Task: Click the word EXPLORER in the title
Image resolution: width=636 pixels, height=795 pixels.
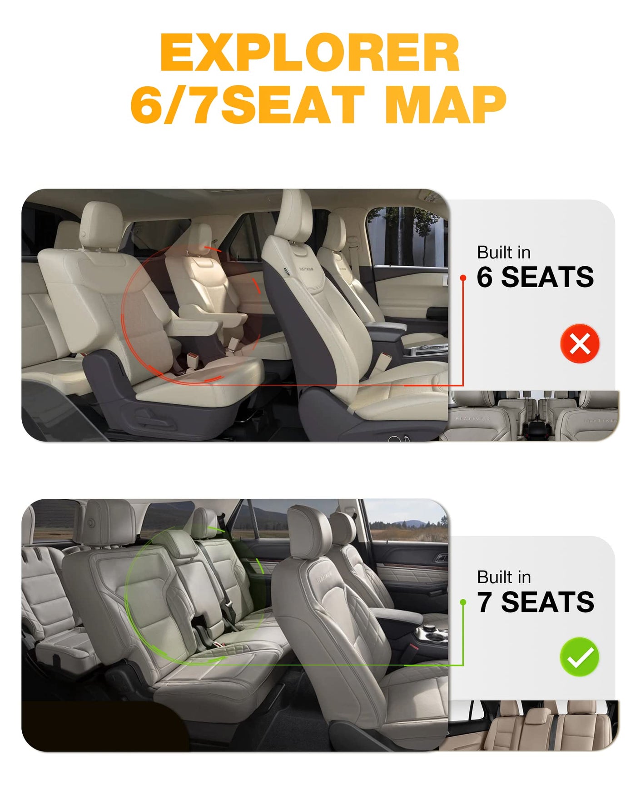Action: point(310,53)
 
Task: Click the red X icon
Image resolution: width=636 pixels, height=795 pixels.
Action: point(580,343)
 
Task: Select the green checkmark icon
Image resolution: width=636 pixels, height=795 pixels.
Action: point(580,657)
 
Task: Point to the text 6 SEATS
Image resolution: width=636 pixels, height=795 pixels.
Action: point(535,277)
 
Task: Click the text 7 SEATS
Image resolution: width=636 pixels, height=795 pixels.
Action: point(536,602)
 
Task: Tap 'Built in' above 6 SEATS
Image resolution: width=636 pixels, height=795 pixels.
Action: point(504,252)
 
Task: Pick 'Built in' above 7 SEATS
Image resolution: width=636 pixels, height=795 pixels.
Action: point(504,577)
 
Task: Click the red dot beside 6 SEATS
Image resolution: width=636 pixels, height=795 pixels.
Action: point(463,278)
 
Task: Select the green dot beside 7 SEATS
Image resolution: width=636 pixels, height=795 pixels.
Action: point(463,602)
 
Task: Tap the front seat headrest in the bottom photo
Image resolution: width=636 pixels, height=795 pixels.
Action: point(309,532)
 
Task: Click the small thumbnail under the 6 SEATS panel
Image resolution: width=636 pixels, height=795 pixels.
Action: point(533,416)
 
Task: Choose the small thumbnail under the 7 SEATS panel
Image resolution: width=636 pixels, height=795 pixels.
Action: point(533,725)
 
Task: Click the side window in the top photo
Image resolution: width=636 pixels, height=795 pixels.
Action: point(407,236)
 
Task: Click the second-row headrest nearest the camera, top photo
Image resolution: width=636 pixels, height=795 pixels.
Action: point(101,225)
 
